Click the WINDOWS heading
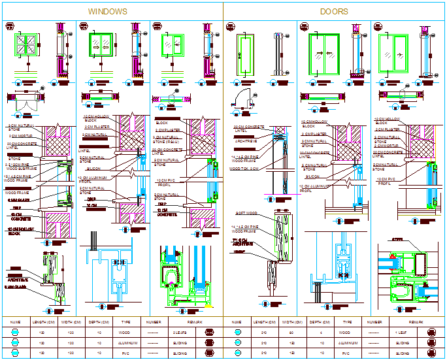108,12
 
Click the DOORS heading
334,12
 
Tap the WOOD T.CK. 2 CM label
244,169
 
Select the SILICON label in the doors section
312,176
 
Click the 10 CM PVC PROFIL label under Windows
165,182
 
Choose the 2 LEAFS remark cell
180,332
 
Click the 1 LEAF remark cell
402,332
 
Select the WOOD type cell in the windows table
126,332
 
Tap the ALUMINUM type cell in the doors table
347,342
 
